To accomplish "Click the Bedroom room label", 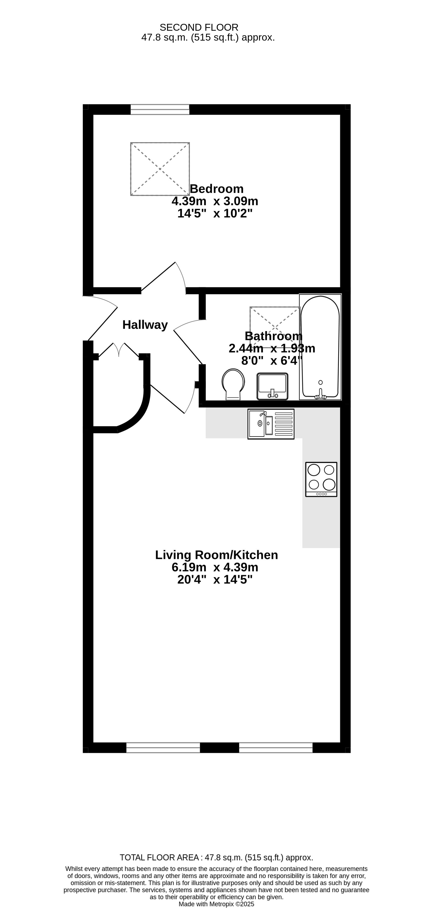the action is tap(216, 189).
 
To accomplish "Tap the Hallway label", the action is tap(145, 325).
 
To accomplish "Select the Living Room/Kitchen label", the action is tap(216, 555).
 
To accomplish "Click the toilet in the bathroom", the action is tap(233, 384).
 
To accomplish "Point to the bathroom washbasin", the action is tap(273, 386).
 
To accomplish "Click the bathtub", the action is tap(320, 347).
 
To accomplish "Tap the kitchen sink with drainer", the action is tap(271, 424).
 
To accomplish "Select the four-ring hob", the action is tap(321, 479).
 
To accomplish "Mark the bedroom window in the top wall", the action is tap(160, 109).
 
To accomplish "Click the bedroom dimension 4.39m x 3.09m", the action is tap(215, 201).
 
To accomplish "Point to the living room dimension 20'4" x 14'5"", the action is tap(215, 579).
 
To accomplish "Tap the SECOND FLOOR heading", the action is tap(199, 27).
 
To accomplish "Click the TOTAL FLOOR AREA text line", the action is tap(216, 857).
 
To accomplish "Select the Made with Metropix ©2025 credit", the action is tap(216, 904).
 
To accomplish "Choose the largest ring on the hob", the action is tap(329, 484).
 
